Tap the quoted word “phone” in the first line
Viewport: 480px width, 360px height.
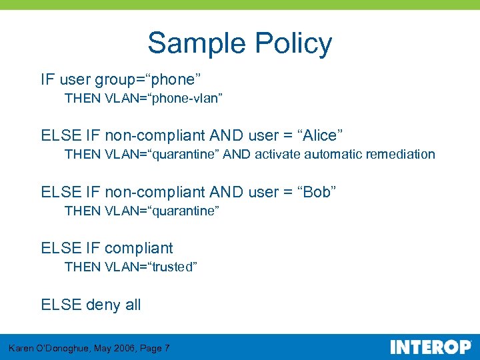pyautogui.click(x=174, y=80)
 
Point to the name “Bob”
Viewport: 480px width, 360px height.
pyautogui.click(x=316, y=192)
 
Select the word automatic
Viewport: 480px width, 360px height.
pyautogui.click(x=332, y=155)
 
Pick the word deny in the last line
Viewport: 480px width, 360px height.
pyautogui.click(x=103, y=305)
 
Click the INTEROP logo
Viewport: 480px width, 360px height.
pyautogui.click(x=430, y=347)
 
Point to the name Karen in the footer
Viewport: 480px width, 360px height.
pyautogui.click(x=23, y=348)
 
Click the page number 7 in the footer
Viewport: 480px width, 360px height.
pyautogui.click(x=166, y=348)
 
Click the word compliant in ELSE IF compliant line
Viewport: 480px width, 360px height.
pyautogui.click(x=139, y=249)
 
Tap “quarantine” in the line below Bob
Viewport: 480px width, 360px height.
pyautogui.click(x=183, y=211)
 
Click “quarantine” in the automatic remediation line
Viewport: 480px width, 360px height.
pyautogui.click(x=183, y=155)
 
